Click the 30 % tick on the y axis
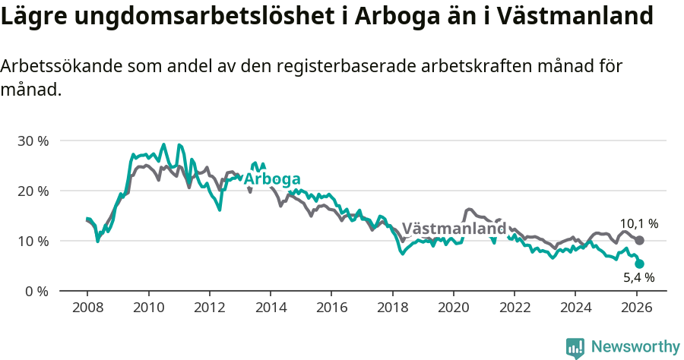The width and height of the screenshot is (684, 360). pos(32,141)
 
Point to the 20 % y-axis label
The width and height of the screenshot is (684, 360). pos(32,191)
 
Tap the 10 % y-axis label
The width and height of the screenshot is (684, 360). pos(32,242)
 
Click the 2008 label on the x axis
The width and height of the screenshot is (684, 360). pos(87,308)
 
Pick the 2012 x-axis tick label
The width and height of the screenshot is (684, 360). pos(209,308)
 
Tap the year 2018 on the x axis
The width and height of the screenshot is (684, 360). pos(392,308)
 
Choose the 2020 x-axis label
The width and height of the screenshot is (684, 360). pos(453,308)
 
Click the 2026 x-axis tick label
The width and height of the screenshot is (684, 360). pos(635,308)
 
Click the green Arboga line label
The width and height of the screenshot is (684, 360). pos(271,179)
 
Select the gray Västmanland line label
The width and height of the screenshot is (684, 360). pos(454,229)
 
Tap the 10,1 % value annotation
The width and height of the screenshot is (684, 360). pos(638,224)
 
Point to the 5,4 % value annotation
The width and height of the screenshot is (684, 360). pos(638,278)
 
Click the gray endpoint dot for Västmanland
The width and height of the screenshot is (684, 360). pos(639,240)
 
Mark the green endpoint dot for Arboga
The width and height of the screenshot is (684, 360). pos(639,264)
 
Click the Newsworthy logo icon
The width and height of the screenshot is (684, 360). pos(575,347)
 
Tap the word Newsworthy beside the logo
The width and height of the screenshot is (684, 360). pos(635,347)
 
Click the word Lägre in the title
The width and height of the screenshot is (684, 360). pos(30,17)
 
